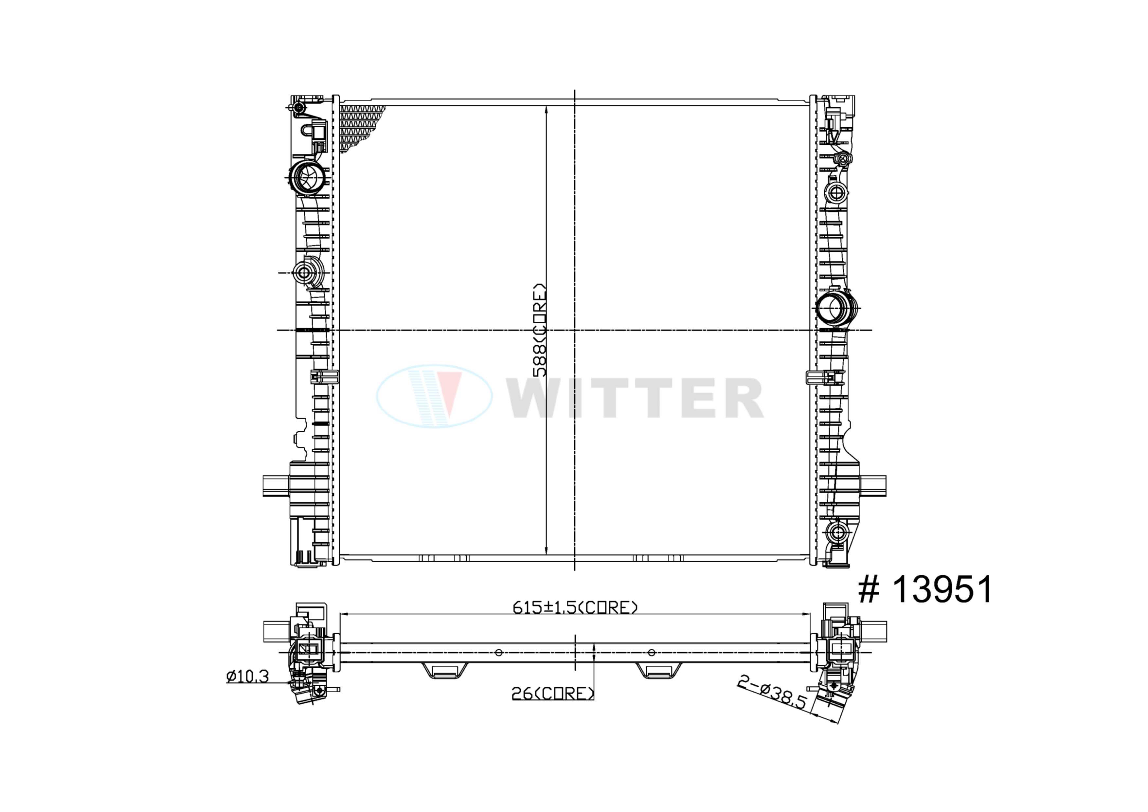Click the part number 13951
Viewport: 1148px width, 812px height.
click(x=942, y=590)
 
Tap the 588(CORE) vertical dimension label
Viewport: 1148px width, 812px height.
click(x=539, y=330)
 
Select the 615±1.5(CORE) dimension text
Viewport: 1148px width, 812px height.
click(x=575, y=607)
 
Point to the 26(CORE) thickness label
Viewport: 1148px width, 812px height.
click(x=552, y=694)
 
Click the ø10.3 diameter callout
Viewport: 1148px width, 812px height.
click(x=247, y=677)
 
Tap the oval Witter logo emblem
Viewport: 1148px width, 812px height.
click(x=434, y=396)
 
